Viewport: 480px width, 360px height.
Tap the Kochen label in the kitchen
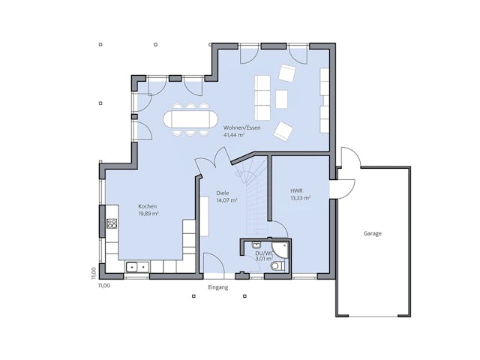click(x=147, y=205)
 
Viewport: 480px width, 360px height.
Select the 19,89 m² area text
click(x=148, y=213)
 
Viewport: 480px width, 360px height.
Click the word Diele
click(x=222, y=193)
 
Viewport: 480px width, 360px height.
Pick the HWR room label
click(x=296, y=191)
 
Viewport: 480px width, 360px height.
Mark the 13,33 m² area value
click(x=300, y=199)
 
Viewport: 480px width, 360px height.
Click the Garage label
click(x=373, y=233)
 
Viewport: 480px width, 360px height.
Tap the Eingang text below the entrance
click(x=217, y=287)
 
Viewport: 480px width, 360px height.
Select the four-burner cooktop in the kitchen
click(x=112, y=223)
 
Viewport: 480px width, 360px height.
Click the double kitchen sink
click(x=136, y=265)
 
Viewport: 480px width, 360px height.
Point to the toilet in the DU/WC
click(x=275, y=265)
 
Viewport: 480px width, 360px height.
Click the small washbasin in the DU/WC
click(x=256, y=244)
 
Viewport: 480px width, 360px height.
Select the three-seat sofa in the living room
click(x=263, y=98)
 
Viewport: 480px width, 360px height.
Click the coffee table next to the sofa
click(x=281, y=99)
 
